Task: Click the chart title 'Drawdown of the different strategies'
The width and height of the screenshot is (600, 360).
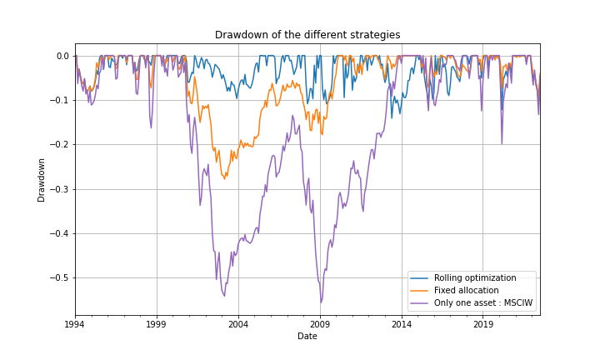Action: pyautogui.click(x=307, y=35)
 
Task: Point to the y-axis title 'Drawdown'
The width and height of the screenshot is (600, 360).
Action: pyautogui.click(x=41, y=179)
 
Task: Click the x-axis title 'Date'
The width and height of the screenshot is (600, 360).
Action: pyautogui.click(x=307, y=336)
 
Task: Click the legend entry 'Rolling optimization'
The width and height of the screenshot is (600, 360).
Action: pyautogui.click(x=475, y=277)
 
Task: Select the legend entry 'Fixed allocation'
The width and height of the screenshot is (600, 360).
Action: pyautogui.click(x=466, y=290)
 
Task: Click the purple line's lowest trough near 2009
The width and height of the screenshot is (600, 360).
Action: pyautogui.click(x=321, y=302)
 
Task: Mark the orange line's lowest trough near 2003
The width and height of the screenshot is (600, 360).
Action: pyautogui.click(x=224, y=179)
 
